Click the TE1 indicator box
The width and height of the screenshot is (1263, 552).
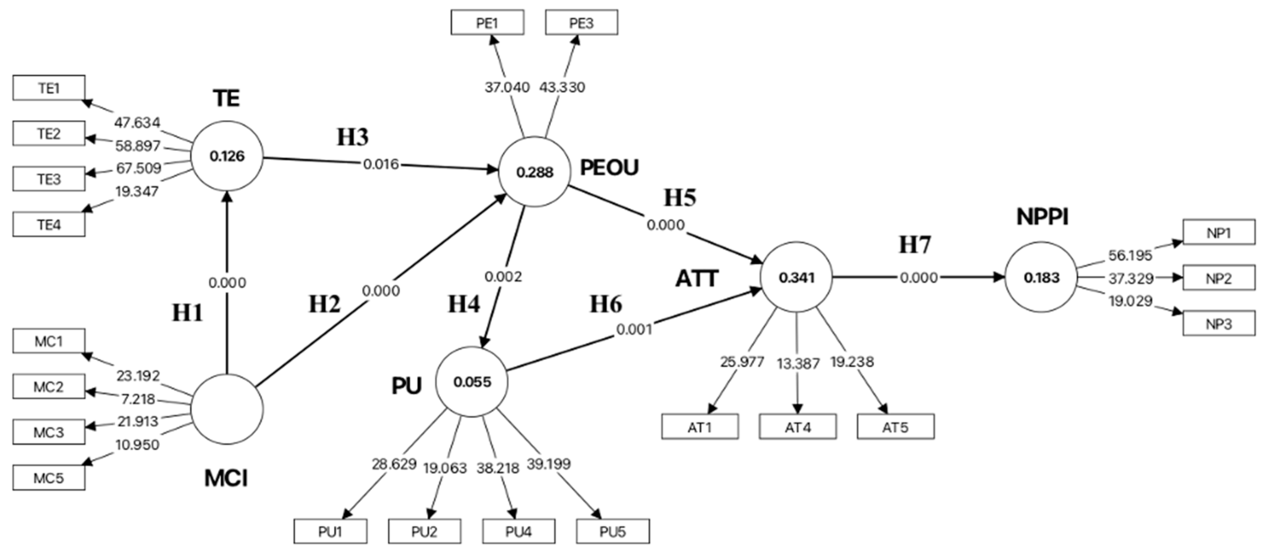tap(48, 88)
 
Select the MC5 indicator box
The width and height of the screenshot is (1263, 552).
tap(48, 477)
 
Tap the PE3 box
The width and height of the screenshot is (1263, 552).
tap(581, 23)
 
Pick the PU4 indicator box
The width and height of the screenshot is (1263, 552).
tap(519, 531)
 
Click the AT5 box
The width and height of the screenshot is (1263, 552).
tap(896, 427)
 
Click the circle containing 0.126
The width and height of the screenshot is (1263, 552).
tap(227, 156)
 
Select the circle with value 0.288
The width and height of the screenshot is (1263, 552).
tap(535, 172)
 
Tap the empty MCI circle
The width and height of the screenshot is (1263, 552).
tap(227, 409)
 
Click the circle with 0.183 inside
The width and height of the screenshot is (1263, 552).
tap(1041, 277)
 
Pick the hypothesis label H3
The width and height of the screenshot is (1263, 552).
tap(353, 137)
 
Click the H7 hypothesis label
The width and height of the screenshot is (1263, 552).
tap(915, 244)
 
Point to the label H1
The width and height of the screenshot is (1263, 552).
tap(187, 312)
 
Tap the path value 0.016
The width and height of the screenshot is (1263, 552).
tap(381, 164)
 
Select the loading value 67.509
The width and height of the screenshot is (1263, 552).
tap(138, 168)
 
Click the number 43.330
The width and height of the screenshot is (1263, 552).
tap(562, 87)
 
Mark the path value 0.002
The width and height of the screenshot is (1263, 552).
tap(503, 277)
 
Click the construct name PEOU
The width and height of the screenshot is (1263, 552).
tap(610, 168)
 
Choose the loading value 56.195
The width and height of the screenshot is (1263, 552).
tap(1130, 255)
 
